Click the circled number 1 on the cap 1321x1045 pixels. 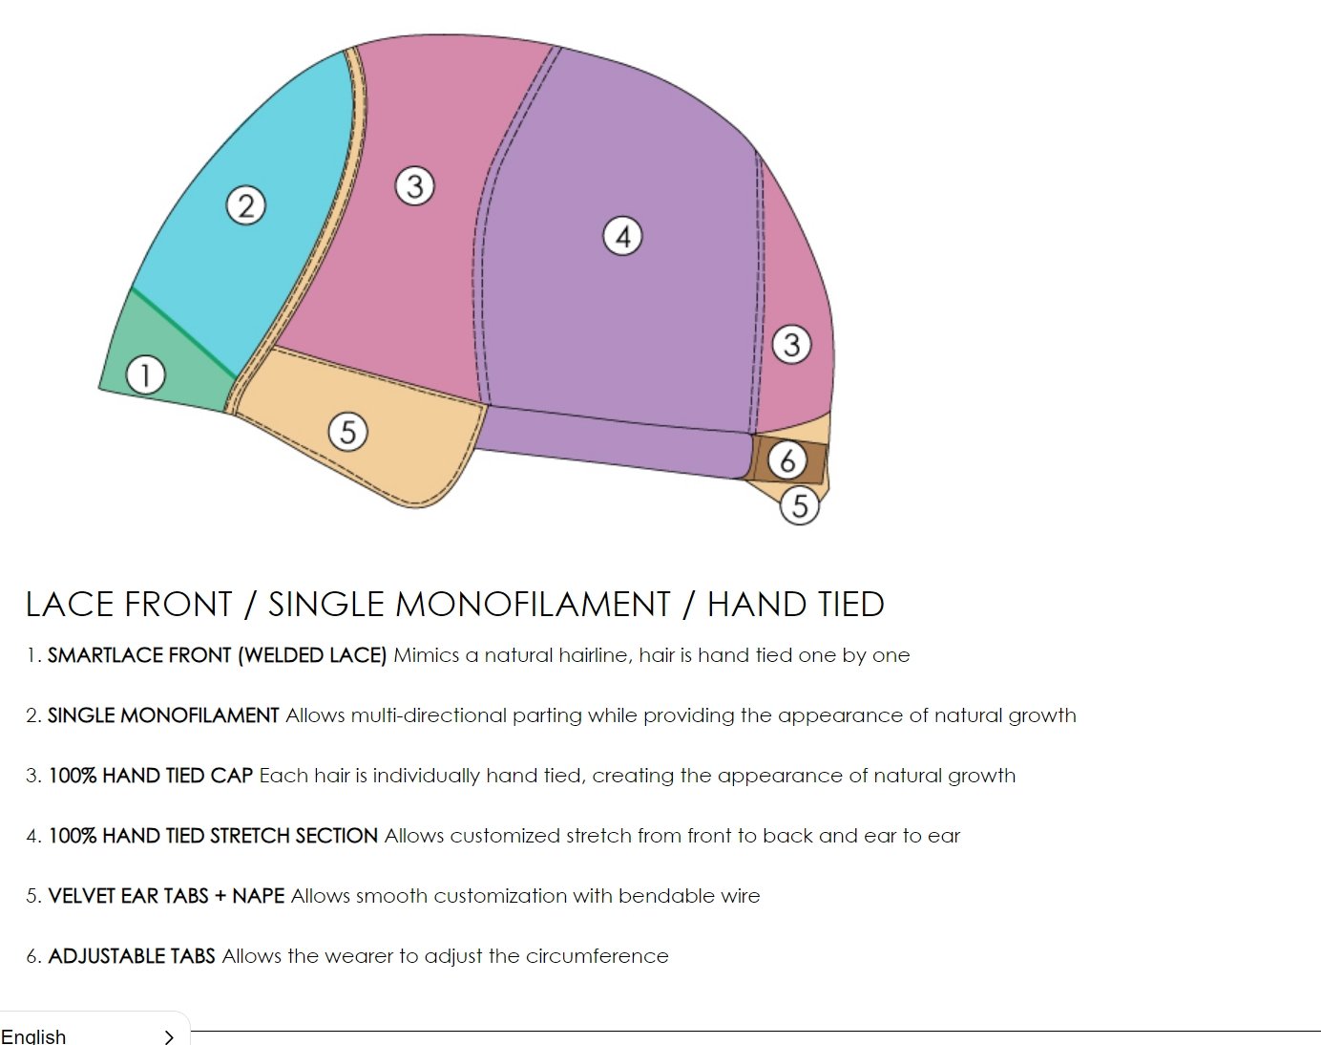click(x=145, y=374)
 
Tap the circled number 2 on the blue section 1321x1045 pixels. click(x=246, y=205)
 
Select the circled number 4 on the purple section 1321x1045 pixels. click(x=622, y=236)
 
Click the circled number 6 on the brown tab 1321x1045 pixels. click(x=788, y=461)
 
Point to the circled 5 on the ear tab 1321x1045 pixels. click(x=347, y=432)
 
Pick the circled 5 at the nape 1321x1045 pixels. click(x=800, y=504)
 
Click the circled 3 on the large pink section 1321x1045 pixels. click(x=414, y=185)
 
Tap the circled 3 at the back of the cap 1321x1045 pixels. click(x=791, y=344)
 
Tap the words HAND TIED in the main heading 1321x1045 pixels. click(x=795, y=605)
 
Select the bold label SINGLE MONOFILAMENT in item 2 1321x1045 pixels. click(x=163, y=715)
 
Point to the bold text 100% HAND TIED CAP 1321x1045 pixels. click(x=151, y=776)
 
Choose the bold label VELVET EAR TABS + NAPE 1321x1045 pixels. click(x=166, y=896)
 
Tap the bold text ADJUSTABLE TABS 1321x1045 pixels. click(x=132, y=956)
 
